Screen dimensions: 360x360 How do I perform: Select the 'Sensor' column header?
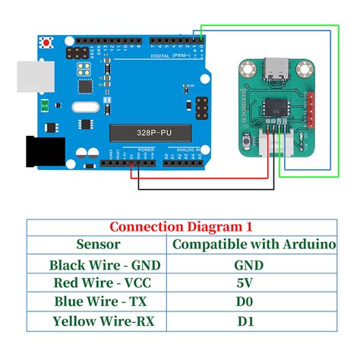click(x=98, y=245)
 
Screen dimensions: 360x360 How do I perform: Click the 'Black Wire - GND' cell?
click(x=98, y=264)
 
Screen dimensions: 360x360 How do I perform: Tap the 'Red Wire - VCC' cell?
click(x=98, y=283)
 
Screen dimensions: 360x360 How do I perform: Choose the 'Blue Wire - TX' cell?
click(x=98, y=302)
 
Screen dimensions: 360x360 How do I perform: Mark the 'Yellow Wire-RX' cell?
click(x=98, y=321)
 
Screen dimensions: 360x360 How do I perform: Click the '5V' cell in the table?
click(x=249, y=283)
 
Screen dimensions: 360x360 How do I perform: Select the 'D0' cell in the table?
click(x=249, y=302)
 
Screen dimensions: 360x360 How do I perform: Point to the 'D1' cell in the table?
click(x=249, y=321)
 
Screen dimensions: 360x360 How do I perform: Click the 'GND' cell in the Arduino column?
click(x=249, y=264)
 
